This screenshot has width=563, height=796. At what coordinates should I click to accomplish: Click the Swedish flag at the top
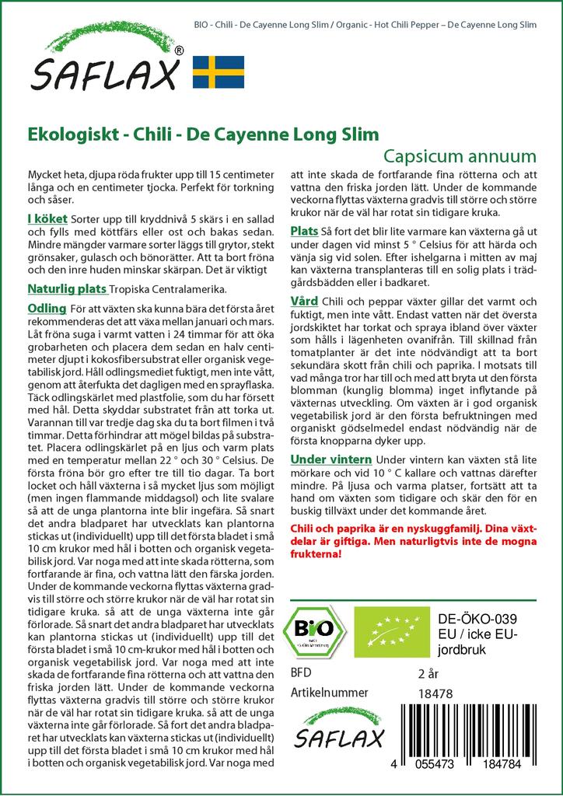pyautogui.click(x=219, y=72)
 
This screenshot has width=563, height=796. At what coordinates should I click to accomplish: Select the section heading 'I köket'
pyautogui.click(x=47, y=220)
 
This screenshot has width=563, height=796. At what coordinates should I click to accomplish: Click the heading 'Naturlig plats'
pyautogui.click(x=67, y=289)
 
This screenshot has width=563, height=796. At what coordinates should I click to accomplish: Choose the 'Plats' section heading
pyautogui.click(x=304, y=232)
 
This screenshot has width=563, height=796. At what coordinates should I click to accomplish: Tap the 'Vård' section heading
pyautogui.click(x=304, y=301)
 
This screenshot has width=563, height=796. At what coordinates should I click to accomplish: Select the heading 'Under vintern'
pyautogui.click(x=331, y=459)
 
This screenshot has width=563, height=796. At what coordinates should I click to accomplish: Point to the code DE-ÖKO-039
pyautogui.click(x=472, y=618)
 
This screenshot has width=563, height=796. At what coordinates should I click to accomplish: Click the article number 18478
pyautogui.click(x=433, y=692)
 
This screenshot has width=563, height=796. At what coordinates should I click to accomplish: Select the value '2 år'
pyautogui.click(x=428, y=672)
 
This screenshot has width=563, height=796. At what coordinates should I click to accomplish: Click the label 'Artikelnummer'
pyautogui.click(x=327, y=692)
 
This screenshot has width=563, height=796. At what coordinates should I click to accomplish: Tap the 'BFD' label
pyautogui.click(x=302, y=672)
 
